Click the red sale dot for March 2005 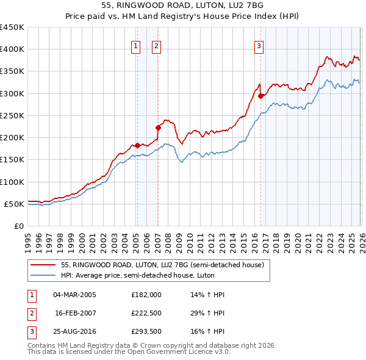point(137,145)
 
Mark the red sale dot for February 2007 point(158,128)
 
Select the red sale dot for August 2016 point(260,96)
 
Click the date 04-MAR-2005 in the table point(74,295)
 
